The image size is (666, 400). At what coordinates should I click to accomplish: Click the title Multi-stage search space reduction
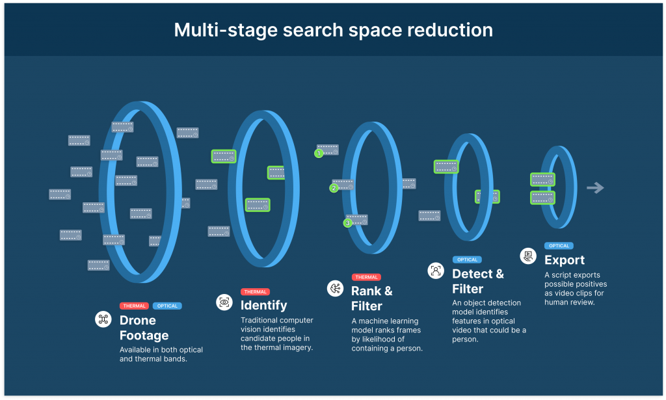click(x=333, y=30)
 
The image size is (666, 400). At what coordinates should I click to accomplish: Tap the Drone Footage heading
click(x=144, y=328)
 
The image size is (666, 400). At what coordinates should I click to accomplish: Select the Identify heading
click(x=263, y=305)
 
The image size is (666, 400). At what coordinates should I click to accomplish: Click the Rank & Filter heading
click(x=372, y=298)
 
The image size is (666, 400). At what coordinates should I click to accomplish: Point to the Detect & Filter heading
click(x=477, y=281)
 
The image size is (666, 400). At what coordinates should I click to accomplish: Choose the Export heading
click(x=564, y=260)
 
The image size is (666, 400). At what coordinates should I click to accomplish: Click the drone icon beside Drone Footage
click(x=103, y=319)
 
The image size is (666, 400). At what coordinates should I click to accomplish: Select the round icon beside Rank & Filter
click(x=335, y=288)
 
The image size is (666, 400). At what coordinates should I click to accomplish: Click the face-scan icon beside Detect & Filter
click(x=436, y=271)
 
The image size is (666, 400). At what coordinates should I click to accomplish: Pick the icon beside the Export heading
click(x=528, y=256)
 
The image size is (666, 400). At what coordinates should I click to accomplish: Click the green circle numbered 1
click(x=319, y=154)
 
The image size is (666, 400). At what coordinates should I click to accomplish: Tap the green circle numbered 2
click(x=334, y=189)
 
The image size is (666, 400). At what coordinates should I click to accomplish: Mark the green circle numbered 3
click(x=347, y=223)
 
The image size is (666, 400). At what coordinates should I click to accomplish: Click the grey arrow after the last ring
click(x=594, y=188)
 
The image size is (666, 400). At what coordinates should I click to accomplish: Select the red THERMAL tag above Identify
click(x=254, y=291)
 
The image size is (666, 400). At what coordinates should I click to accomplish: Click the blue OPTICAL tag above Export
click(x=559, y=246)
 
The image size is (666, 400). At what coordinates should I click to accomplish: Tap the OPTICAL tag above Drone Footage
click(x=167, y=306)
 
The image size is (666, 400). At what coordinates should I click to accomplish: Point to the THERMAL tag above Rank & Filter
click(x=366, y=277)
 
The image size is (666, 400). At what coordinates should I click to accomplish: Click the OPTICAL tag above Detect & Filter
click(x=467, y=260)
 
